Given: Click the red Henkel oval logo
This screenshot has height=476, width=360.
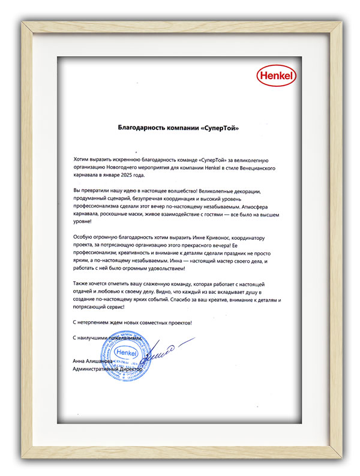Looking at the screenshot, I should click(274, 77).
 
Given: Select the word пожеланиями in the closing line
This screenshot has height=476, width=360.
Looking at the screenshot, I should click(124, 338).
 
